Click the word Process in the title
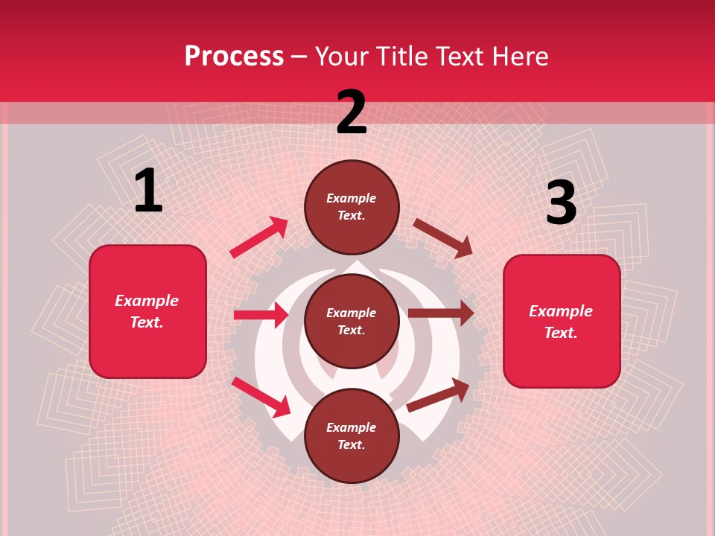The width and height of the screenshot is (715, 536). pyautogui.click(x=234, y=57)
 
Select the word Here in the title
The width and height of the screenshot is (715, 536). pyautogui.click(x=518, y=57)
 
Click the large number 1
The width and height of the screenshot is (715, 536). pyautogui.click(x=148, y=191)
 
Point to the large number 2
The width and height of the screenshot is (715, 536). pyautogui.click(x=352, y=112)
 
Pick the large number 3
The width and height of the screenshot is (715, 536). pyautogui.click(x=561, y=203)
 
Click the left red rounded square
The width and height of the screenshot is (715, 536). pyautogui.click(x=147, y=311)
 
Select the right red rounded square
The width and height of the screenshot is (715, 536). pyautogui.click(x=562, y=321)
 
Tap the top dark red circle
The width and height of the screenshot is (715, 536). pyautogui.click(x=352, y=207)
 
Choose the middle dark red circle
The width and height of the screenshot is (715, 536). pyautogui.click(x=352, y=321)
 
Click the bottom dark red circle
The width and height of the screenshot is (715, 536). pyautogui.click(x=352, y=435)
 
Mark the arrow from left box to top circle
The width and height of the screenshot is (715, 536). pyautogui.click(x=259, y=237)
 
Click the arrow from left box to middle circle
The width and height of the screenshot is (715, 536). pyautogui.click(x=261, y=315)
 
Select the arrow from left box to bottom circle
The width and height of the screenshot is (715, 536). pyautogui.click(x=261, y=397)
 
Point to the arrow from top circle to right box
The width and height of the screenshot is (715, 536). pyautogui.click(x=443, y=238)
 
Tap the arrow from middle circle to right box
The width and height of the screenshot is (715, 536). pyautogui.click(x=441, y=313)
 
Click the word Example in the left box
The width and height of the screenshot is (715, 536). pyautogui.click(x=147, y=301)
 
